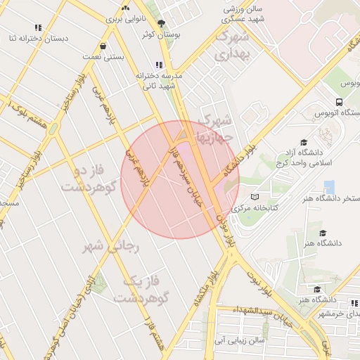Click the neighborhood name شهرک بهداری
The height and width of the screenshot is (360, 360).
pos(233,46)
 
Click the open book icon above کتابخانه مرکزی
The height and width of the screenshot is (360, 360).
pos(255,198)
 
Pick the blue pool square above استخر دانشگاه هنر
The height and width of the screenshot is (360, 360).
pos(329,187)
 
